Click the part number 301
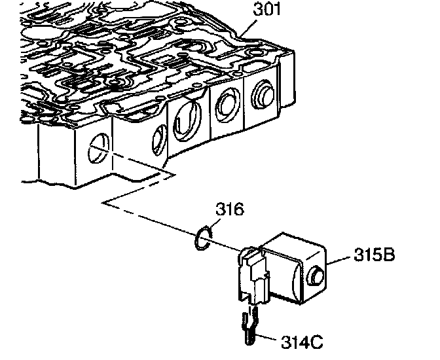[x=266, y=9]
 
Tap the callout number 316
[x=230, y=209]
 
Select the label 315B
[x=375, y=255]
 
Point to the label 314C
[x=302, y=342]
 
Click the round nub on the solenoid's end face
[x=316, y=276]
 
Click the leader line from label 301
[x=248, y=27]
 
